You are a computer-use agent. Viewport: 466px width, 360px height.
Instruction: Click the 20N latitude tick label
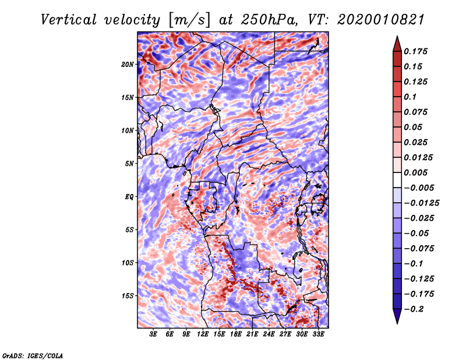pos(128,64)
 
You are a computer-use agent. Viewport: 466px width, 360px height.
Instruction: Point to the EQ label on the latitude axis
pos(130,196)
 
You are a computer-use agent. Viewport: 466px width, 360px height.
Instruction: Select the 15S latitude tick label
pos(128,295)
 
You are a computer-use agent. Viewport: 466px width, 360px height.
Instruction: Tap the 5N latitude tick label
pos(129,163)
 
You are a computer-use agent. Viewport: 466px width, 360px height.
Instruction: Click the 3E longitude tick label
pos(153,334)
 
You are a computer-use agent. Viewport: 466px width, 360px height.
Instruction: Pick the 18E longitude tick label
pos(236,334)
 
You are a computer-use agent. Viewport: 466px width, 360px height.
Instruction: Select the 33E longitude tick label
pos(318,334)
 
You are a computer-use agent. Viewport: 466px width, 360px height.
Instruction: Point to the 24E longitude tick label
pos(269,334)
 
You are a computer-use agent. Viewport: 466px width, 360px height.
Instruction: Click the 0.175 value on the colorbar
pos(418,51)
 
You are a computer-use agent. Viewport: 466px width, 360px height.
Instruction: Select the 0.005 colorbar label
pos(418,172)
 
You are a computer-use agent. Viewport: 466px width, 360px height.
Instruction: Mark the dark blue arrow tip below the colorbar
pos(397,318)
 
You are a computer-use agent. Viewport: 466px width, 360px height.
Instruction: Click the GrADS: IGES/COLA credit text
pos(32,355)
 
